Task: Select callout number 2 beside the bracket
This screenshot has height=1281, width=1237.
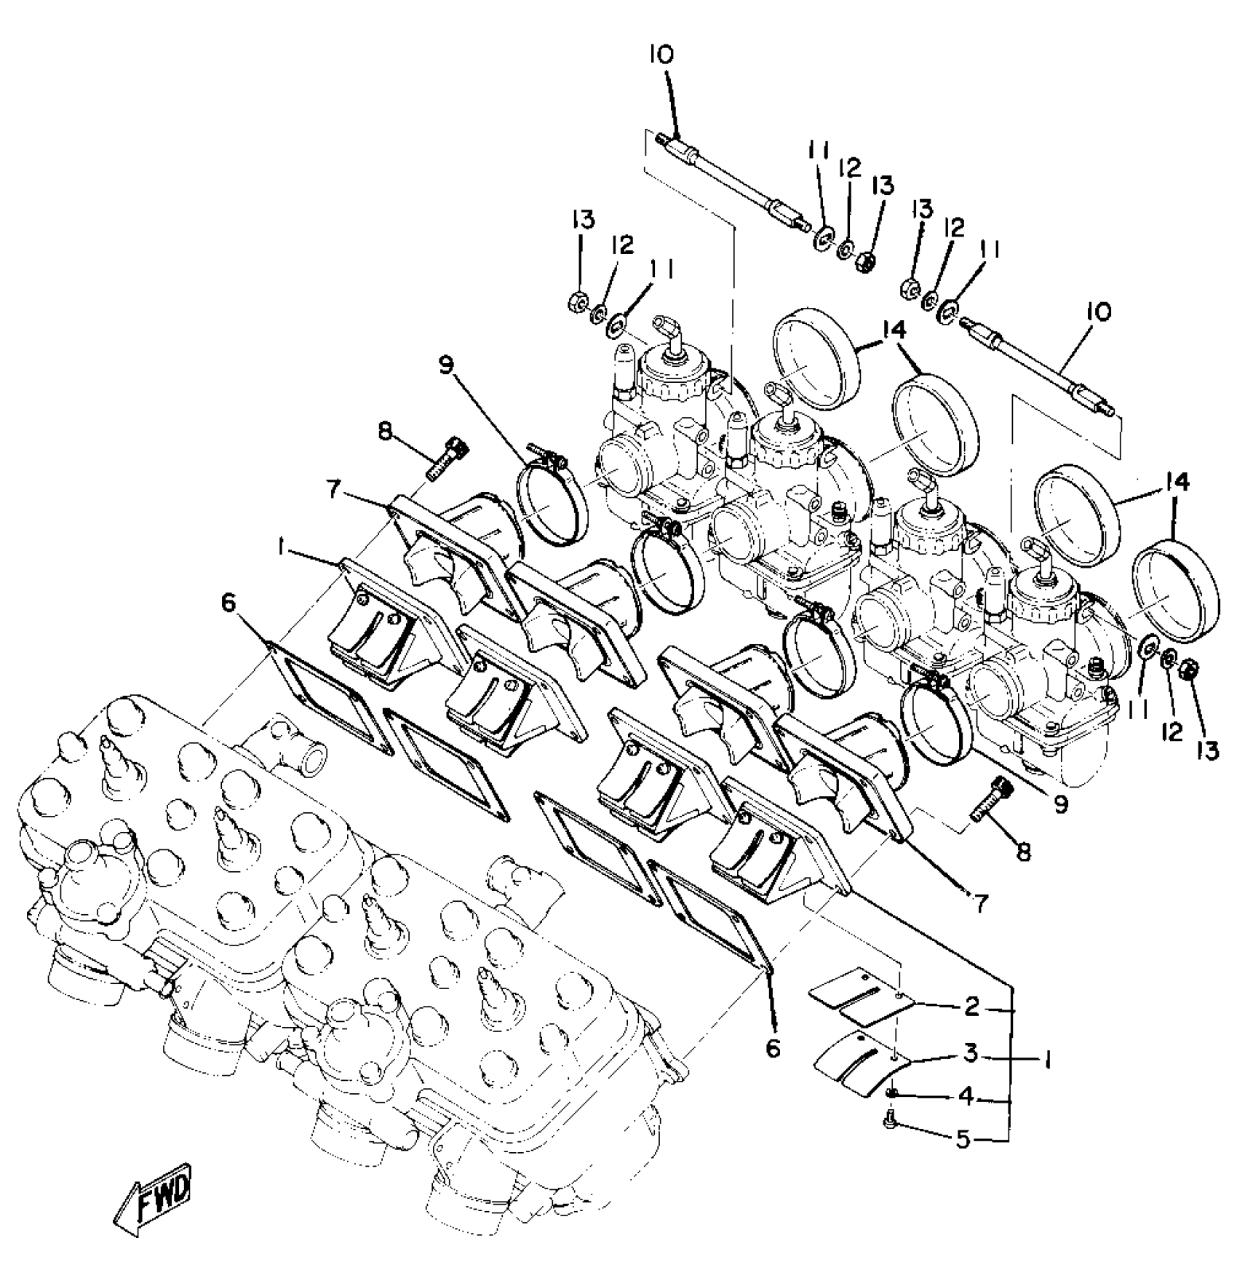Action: (972, 1007)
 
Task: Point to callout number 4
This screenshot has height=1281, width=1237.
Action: (966, 1097)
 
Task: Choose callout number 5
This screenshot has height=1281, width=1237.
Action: (963, 1139)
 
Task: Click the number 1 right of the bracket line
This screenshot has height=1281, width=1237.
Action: (1046, 1062)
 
